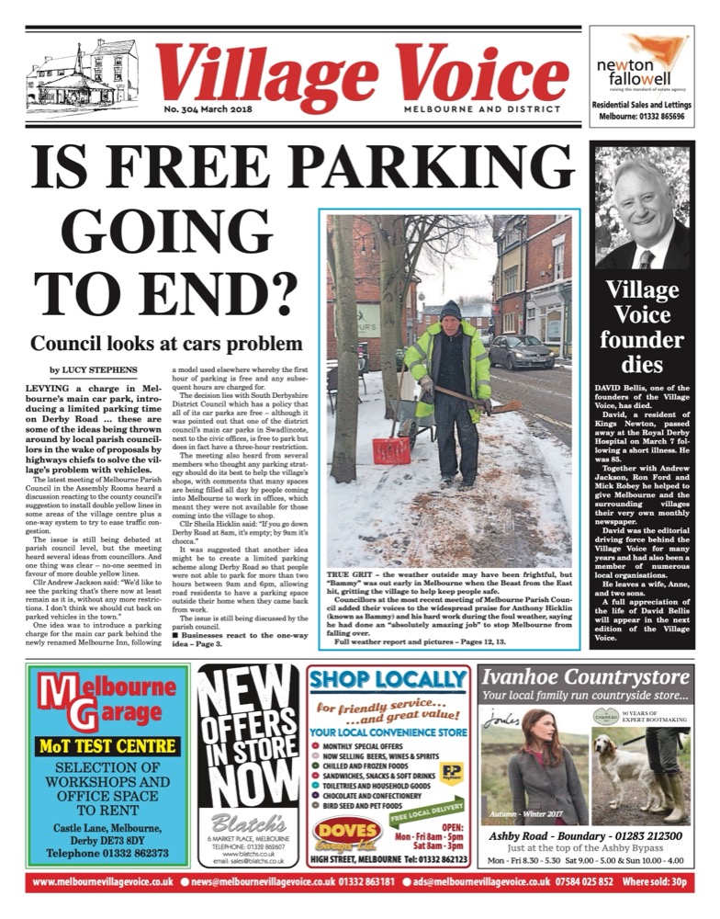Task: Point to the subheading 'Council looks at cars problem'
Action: (x=166, y=344)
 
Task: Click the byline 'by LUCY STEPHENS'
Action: (x=96, y=369)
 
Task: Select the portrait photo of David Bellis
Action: (x=642, y=210)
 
